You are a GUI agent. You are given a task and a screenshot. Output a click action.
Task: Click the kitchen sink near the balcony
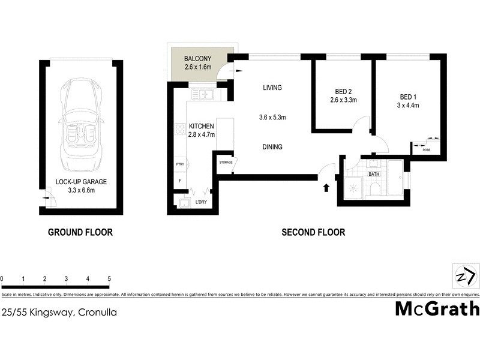pos(205,94)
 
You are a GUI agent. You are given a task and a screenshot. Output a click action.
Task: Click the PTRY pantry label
pos(179,164)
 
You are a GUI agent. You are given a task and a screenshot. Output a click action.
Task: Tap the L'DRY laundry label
pos(201,202)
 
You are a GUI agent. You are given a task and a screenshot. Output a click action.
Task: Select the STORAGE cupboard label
pos(225,162)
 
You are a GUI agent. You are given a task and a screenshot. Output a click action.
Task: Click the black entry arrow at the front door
pos(326,188)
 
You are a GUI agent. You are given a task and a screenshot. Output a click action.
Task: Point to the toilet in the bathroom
pos(375,189)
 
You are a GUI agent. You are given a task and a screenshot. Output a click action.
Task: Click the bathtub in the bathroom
pos(395,177)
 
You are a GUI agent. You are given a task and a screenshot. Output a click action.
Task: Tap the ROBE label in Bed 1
pos(427,149)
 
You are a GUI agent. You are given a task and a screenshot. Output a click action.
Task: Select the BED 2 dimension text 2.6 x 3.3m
pos(343,100)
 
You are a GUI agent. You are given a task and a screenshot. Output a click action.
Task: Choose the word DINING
pos(272,147)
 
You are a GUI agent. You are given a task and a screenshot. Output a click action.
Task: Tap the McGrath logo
pos(437,308)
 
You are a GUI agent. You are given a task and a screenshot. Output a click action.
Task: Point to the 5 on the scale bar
pos(109,279)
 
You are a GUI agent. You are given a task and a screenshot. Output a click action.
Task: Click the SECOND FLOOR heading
pos(313,232)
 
